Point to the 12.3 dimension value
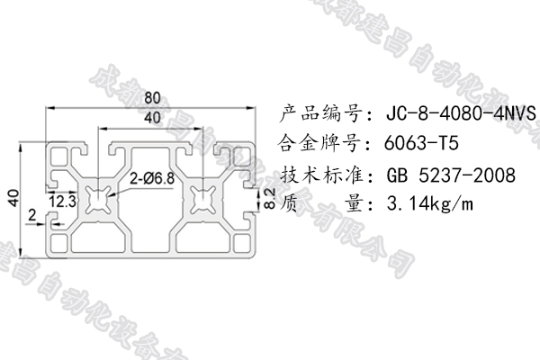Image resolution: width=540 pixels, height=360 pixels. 62,199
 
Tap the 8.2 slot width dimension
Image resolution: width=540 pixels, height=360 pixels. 267,198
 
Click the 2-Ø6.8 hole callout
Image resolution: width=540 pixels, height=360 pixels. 152,177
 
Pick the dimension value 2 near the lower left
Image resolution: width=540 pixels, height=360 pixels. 32,215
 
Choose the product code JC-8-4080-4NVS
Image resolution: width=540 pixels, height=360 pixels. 461,114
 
